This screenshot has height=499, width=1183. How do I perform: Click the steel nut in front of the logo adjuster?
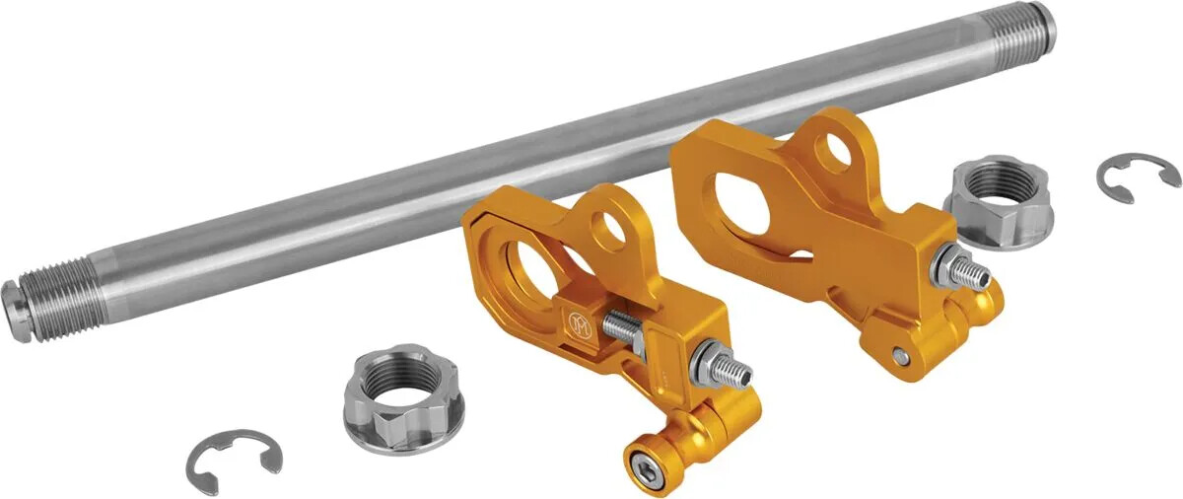coord(392,398)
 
